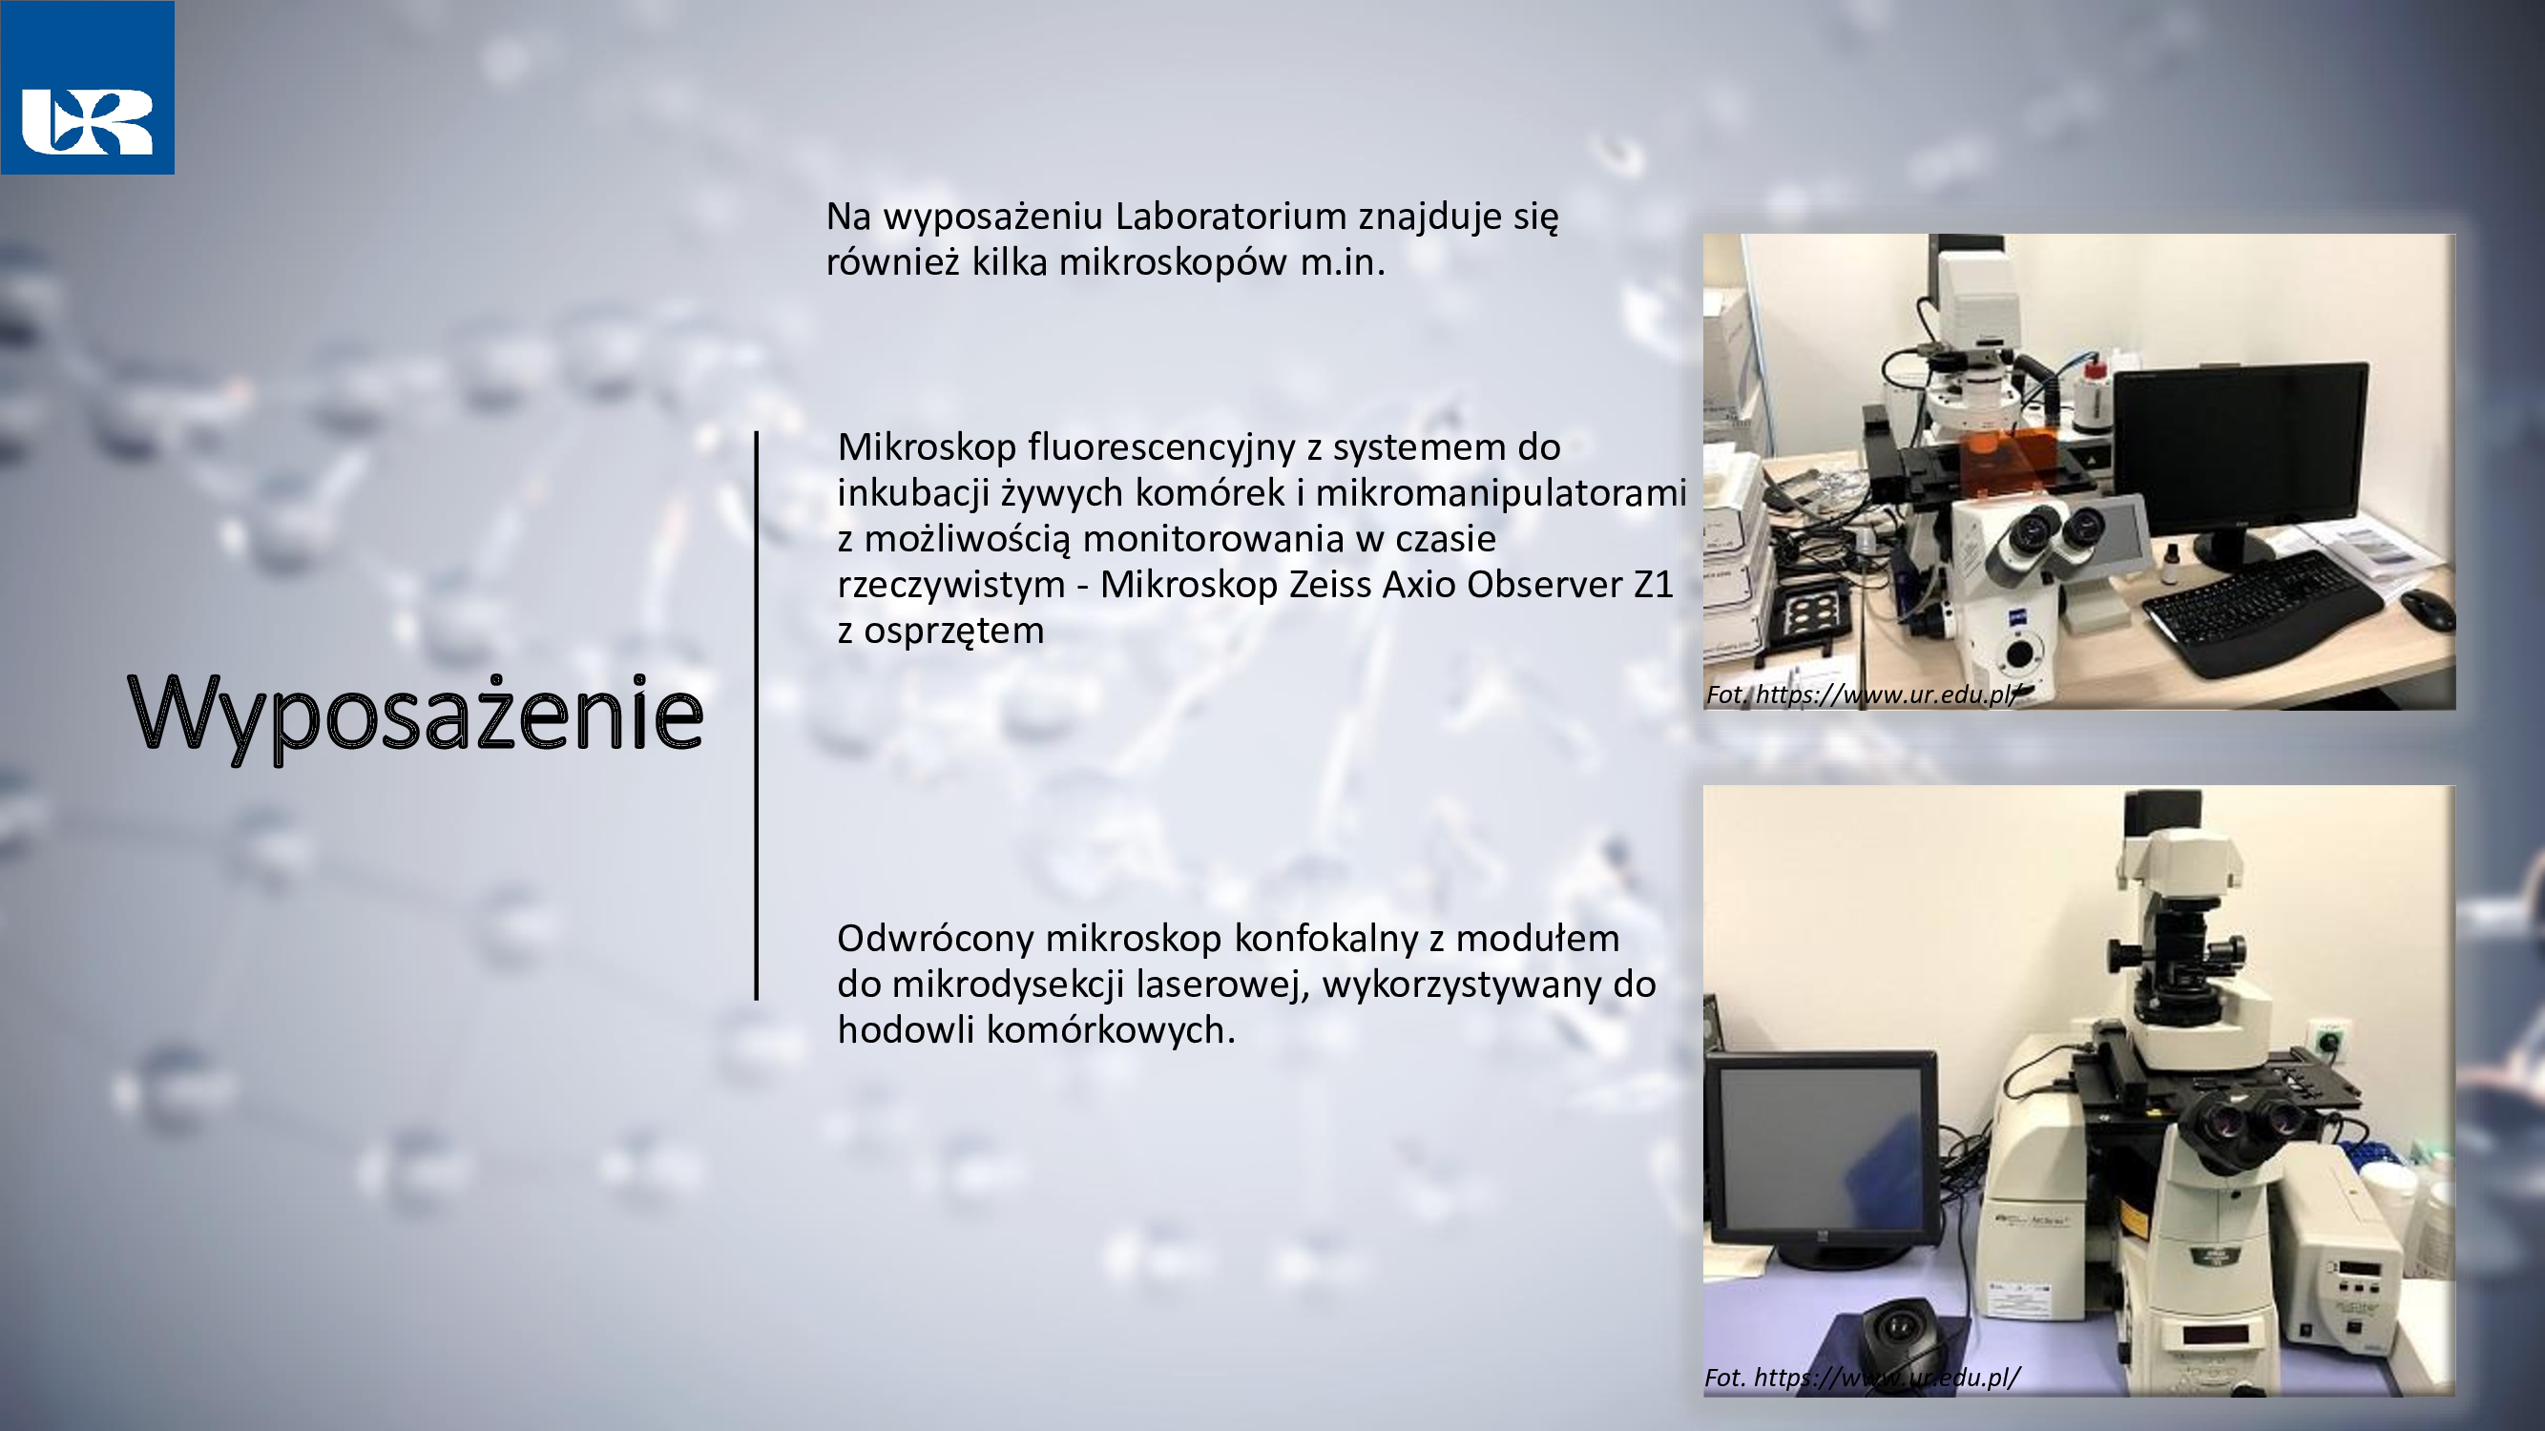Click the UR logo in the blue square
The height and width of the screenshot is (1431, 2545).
coord(87,121)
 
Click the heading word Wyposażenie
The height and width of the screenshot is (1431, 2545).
coord(416,714)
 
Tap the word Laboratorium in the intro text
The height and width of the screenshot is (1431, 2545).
coord(1231,216)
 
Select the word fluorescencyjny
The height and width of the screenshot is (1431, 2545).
coord(1161,448)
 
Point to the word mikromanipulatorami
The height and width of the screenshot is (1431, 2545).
coord(1501,494)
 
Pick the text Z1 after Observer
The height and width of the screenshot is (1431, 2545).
coord(1653,585)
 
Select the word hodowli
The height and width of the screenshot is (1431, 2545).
coord(906,1030)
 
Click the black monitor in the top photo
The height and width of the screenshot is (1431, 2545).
coord(2240,465)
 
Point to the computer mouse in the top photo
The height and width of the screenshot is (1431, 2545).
coord(2428,609)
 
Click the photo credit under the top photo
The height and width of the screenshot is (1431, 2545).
coord(1864,695)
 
